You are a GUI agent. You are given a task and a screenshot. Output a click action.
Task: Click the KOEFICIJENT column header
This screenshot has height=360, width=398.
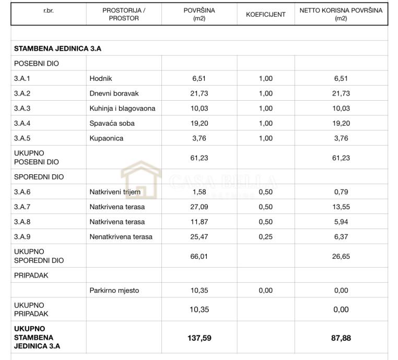[265, 14]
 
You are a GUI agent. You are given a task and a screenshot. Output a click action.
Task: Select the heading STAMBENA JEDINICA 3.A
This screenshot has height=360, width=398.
[57, 49]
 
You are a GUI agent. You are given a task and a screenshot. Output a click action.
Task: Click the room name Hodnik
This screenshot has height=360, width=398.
[101, 79]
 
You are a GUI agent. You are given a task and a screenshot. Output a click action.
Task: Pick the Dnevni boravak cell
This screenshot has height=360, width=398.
[114, 93]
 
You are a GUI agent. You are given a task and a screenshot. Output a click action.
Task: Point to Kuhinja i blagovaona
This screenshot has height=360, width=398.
[122, 109]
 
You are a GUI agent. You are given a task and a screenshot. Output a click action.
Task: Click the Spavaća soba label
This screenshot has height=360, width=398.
[112, 124]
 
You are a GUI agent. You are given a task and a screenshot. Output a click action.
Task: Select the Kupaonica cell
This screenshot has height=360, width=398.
[107, 139]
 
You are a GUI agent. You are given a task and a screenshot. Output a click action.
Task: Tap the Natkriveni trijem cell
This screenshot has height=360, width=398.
[115, 192]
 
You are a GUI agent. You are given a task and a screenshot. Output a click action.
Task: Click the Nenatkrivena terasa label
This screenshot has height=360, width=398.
[121, 237]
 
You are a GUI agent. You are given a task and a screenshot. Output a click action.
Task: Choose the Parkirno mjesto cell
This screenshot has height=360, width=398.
[114, 291]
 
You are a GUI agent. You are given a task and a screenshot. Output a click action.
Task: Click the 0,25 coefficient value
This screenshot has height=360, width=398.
[265, 237]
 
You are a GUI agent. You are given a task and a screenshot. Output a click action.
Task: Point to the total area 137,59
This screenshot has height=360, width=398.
[200, 338]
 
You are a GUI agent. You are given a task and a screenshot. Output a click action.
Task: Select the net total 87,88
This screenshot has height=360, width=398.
[341, 338]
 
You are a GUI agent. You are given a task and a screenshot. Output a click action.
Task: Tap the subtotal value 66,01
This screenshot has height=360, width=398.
[200, 256]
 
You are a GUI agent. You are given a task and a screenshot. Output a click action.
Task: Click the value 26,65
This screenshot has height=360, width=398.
[341, 256]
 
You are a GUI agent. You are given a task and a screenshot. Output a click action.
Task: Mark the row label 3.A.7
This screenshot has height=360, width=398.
[22, 207]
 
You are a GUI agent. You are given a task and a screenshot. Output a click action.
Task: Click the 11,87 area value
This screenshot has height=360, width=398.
[200, 222]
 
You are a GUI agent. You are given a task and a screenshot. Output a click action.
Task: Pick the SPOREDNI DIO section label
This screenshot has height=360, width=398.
[39, 177]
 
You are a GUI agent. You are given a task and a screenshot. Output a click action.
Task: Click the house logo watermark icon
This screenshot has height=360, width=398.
[141, 180]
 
